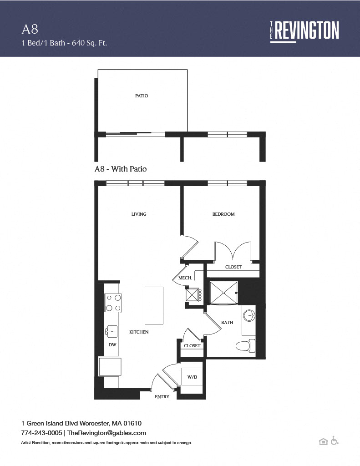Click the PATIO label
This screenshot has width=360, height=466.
pyautogui.click(x=142, y=96)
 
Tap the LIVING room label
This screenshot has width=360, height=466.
pyautogui.click(x=139, y=214)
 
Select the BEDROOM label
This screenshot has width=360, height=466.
pyautogui.click(x=223, y=214)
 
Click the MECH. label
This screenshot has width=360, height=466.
pyautogui.click(x=185, y=278)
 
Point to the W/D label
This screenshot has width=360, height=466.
pyautogui.click(x=192, y=377)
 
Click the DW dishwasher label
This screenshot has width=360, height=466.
pyautogui.click(x=112, y=345)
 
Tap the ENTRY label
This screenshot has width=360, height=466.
pyautogui.click(x=162, y=396)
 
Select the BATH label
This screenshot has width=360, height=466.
pyautogui.click(x=227, y=322)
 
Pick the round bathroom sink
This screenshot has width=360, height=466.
pyautogui.click(x=249, y=316)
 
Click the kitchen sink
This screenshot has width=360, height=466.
pyautogui.click(x=112, y=331)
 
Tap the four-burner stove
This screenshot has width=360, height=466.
pyautogui.click(x=113, y=303)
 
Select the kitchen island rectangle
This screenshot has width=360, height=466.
pyautogui.click(x=154, y=305)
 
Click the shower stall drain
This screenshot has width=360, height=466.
pyautogui.click(x=223, y=293)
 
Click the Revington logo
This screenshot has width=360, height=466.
pyautogui.click(x=304, y=31)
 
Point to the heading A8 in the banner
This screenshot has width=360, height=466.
pyautogui.click(x=30, y=29)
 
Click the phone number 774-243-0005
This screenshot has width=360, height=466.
pyautogui.click(x=41, y=433)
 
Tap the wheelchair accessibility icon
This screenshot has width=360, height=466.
pyautogui.click(x=335, y=441)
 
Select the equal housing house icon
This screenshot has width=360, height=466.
pyautogui.click(x=323, y=441)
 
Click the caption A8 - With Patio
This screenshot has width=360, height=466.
pyautogui.click(x=121, y=169)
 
